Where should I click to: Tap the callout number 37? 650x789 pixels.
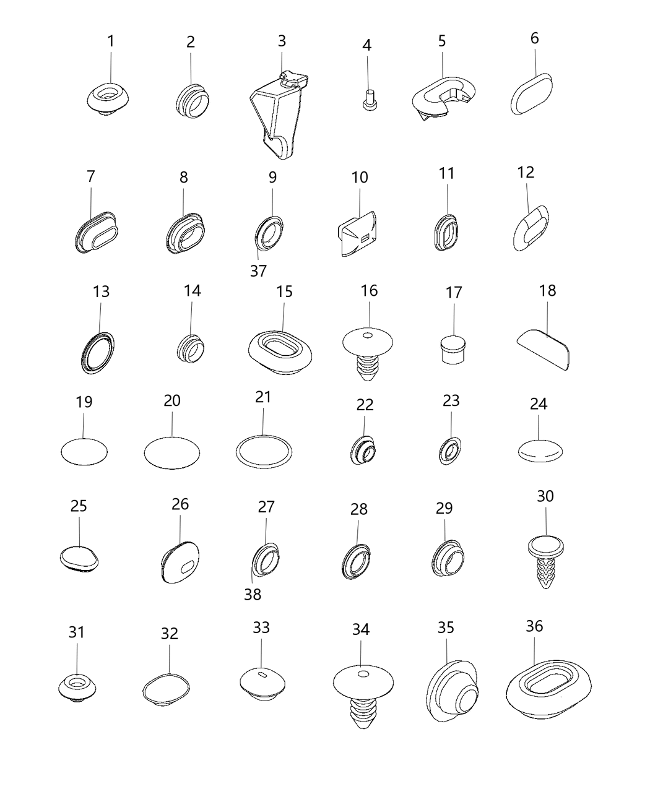point(258,270)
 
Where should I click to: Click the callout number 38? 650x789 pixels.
point(253,595)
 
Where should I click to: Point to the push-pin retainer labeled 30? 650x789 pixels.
point(545,561)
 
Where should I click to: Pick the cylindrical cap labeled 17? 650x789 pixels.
point(453,349)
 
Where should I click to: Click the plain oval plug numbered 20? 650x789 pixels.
point(172,453)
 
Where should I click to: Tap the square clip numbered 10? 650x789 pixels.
point(357,234)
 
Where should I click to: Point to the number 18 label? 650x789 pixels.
point(547,291)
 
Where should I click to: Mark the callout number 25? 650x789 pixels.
point(79,506)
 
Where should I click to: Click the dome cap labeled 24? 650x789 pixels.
point(540,451)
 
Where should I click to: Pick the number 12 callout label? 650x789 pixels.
point(526,172)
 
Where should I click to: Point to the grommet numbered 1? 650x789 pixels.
point(108,99)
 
